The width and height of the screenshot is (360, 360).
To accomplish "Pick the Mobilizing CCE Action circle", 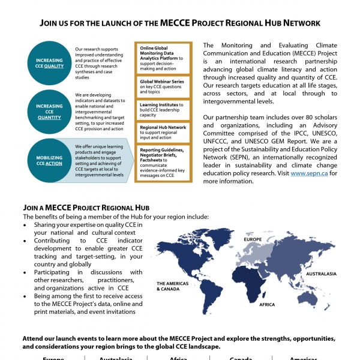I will click(49, 160).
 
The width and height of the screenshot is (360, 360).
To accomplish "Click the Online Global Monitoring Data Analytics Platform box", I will click(163, 57).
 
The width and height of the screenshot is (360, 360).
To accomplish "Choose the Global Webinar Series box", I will click(163, 86).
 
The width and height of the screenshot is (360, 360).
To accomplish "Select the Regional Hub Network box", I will click(163, 131).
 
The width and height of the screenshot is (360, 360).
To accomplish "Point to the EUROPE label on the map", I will click(253, 240).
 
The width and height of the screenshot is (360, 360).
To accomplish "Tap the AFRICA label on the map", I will click(267, 305).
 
